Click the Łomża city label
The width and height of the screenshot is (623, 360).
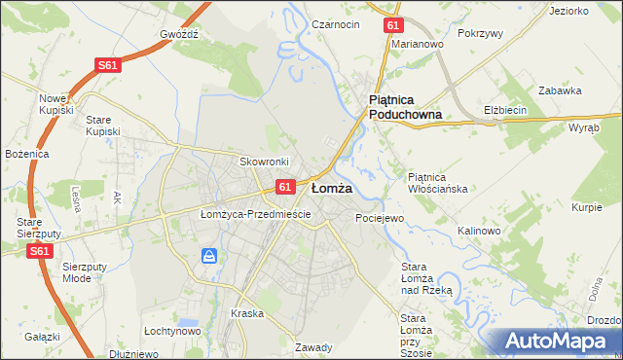(x=331, y=186)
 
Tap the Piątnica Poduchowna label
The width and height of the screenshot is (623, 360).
(x=406, y=107)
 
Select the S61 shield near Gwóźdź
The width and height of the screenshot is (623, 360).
(x=108, y=65)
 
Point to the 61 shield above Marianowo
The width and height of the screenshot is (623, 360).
(x=391, y=26)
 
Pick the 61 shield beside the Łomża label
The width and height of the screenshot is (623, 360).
(x=284, y=186)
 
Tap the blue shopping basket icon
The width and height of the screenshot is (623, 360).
(x=209, y=256)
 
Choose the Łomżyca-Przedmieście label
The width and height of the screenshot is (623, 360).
(x=255, y=213)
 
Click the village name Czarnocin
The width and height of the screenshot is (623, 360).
(x=336, y=23)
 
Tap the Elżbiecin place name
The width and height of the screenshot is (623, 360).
(x=505, y=110)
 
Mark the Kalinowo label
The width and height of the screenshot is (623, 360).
(x=479, y=231)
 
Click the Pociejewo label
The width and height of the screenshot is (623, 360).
(x=379, y=218)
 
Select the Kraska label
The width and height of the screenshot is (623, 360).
(x=247, y=313)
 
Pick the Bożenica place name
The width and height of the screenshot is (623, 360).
(x=25, y=154)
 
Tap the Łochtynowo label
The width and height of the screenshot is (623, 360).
(x=171, y=331)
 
